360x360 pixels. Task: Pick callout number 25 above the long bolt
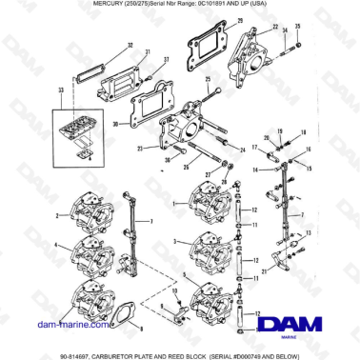209,79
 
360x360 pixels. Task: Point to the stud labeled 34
287,41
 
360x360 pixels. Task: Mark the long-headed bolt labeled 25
219,99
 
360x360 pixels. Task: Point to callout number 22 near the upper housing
275,27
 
